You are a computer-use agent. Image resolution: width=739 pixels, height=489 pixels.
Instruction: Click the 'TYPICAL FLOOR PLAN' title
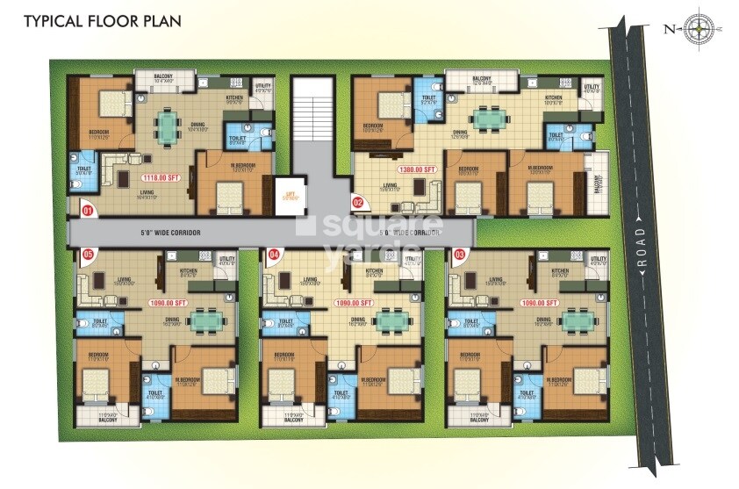pos(102,20)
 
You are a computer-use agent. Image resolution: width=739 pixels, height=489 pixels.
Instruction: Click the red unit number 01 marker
pos(88,211)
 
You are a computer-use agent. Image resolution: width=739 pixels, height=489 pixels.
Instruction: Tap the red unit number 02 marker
pos(357,202)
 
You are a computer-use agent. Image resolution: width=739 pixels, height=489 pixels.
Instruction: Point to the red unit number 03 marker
pos(458,255)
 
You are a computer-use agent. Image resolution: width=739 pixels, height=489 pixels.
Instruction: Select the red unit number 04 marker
pos(273,255)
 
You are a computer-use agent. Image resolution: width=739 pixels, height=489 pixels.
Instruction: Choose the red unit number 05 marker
pos(88,255)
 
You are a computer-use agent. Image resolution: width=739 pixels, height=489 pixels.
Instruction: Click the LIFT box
pos(288,193)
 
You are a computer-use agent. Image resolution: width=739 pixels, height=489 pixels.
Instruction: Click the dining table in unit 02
pos(490,117)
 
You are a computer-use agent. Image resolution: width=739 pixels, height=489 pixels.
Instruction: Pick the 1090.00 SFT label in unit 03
pos(540,303)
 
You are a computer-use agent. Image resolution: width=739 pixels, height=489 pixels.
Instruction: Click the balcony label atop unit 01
pos(163,77)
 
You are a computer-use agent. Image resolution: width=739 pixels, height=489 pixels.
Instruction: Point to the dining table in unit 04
pos(391,321)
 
